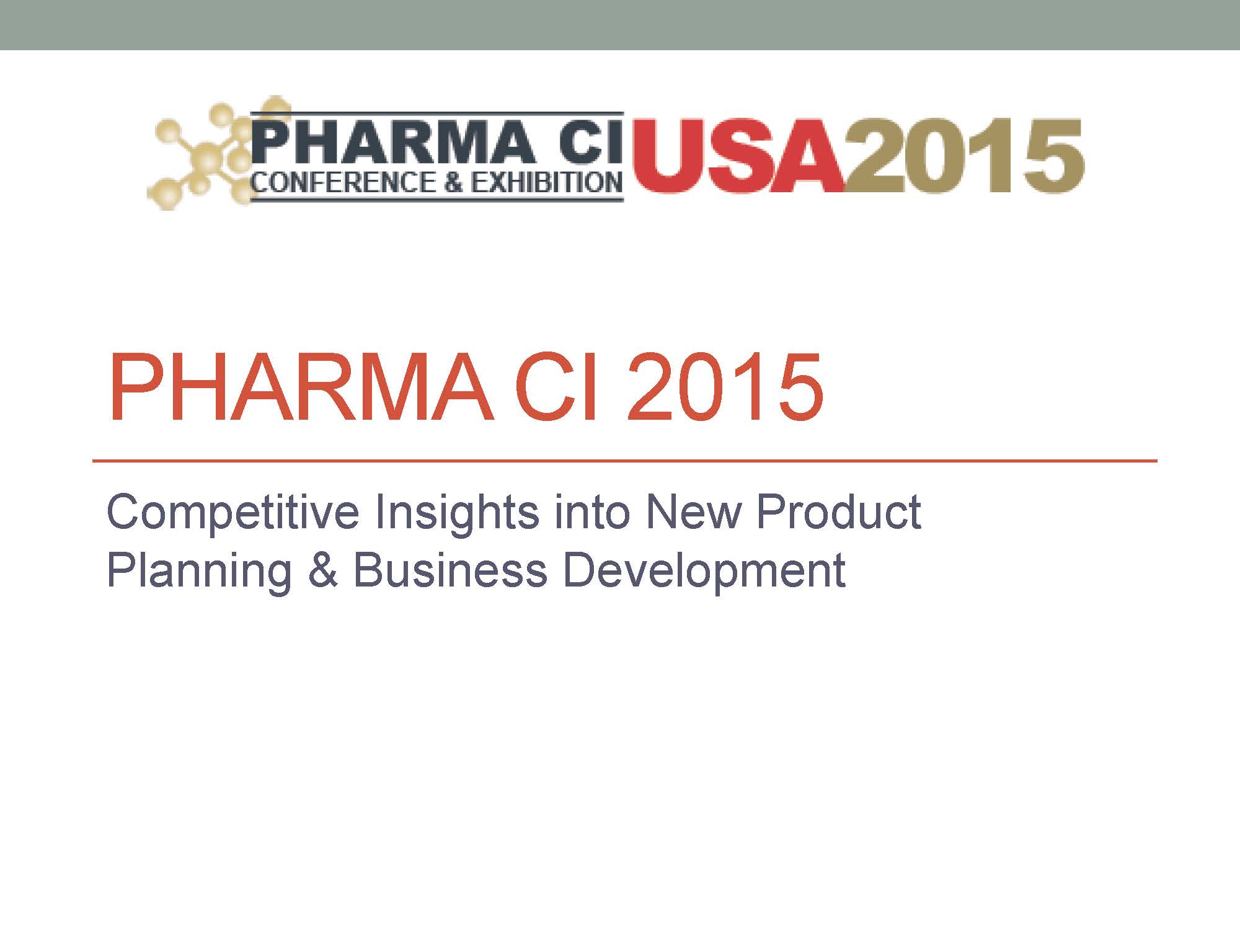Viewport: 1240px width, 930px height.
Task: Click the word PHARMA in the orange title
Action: [301, 387]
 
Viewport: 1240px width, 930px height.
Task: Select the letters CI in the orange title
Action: [557, 387]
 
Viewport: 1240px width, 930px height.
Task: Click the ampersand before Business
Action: [322, 570]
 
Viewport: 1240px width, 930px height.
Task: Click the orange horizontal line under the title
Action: [625, 461]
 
